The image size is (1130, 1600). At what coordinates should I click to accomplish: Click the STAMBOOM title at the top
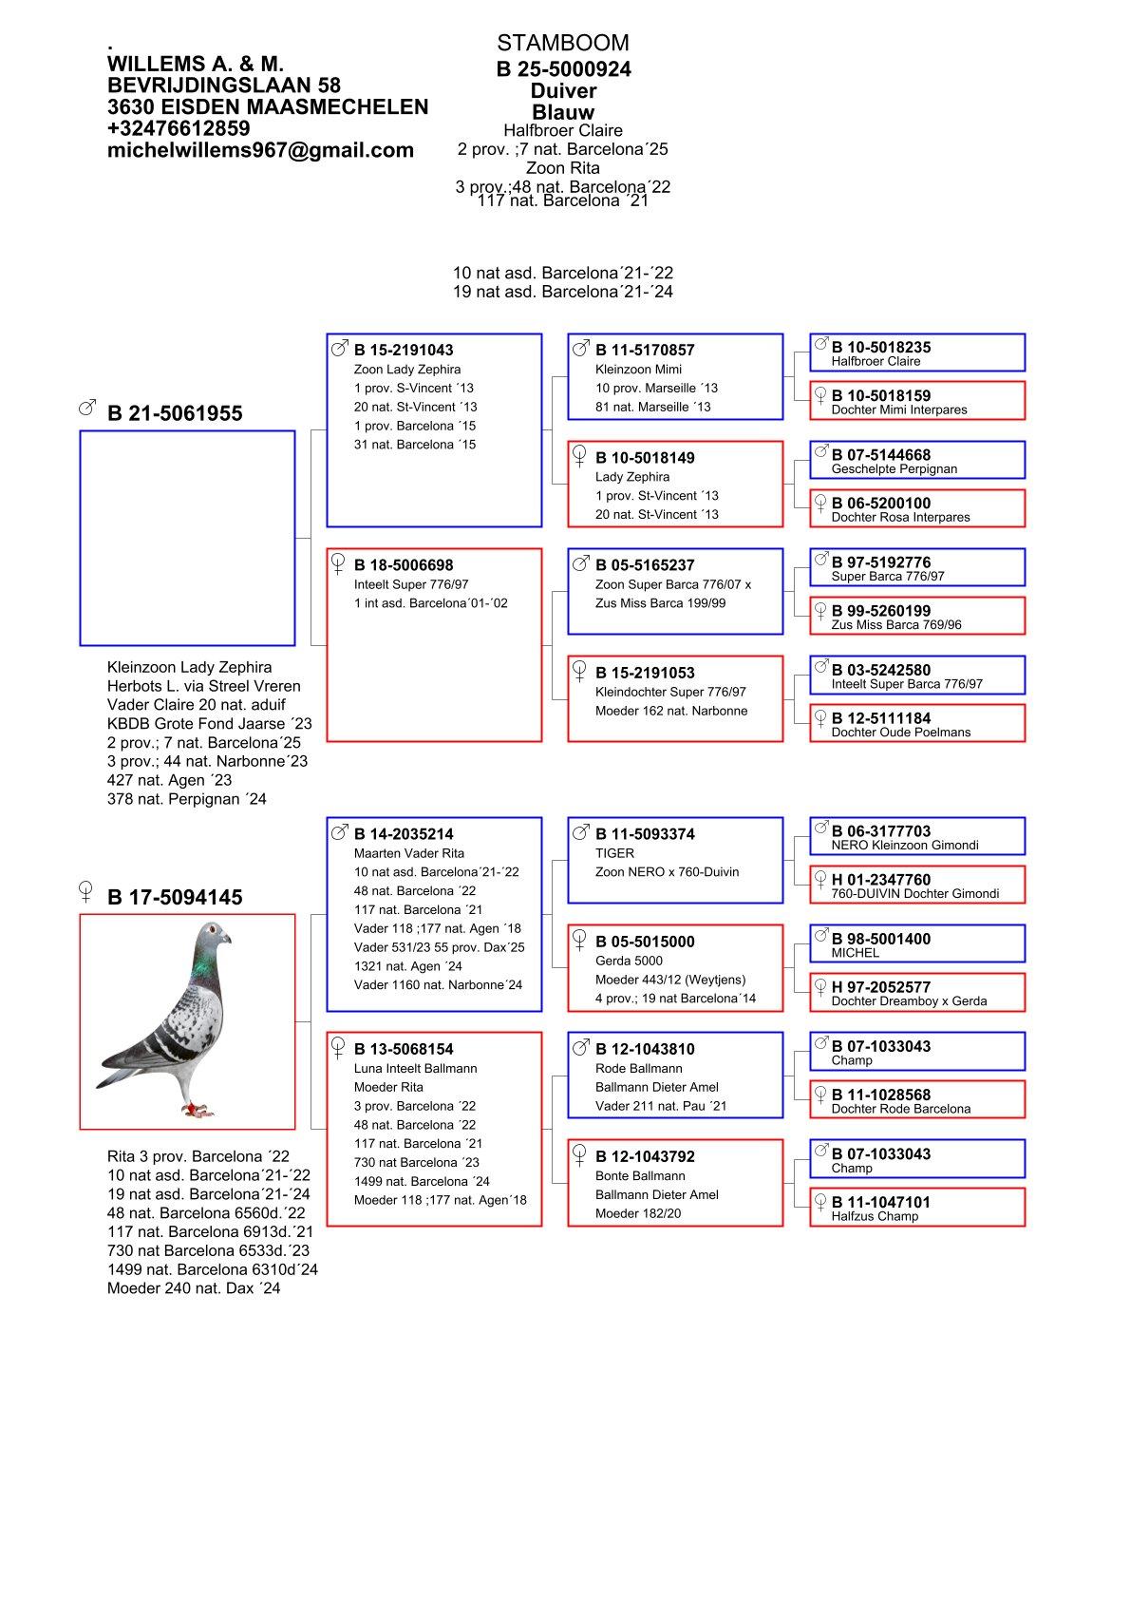(562, 43)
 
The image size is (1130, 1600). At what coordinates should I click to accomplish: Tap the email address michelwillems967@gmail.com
(260, 150)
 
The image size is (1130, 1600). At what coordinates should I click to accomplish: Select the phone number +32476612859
(179, 128)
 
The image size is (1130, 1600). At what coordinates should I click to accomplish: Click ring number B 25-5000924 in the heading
(563, 69)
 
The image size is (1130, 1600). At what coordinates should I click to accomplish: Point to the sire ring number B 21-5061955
(175, 413)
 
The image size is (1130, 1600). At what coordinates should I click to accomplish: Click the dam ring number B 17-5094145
(175, 897)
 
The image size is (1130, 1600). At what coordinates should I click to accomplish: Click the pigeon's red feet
(198, 1107)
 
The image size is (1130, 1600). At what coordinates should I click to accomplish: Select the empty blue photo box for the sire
(187, 538)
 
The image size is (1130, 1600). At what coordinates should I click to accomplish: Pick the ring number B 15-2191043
(404, 350)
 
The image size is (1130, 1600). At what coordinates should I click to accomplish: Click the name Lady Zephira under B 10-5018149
(632, 477)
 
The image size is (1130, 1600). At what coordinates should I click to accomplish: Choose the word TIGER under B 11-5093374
(614, 853)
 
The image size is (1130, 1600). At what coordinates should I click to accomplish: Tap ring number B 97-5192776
(881, 562)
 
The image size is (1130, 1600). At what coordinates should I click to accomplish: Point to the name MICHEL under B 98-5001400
(855, 953)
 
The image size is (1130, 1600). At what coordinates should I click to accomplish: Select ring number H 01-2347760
(881, 880)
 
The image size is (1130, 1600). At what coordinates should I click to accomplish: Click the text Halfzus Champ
(875, 1216)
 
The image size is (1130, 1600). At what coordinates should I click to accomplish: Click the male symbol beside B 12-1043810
(581, 1047)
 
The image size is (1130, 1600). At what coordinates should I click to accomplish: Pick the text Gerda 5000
(629, 961)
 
